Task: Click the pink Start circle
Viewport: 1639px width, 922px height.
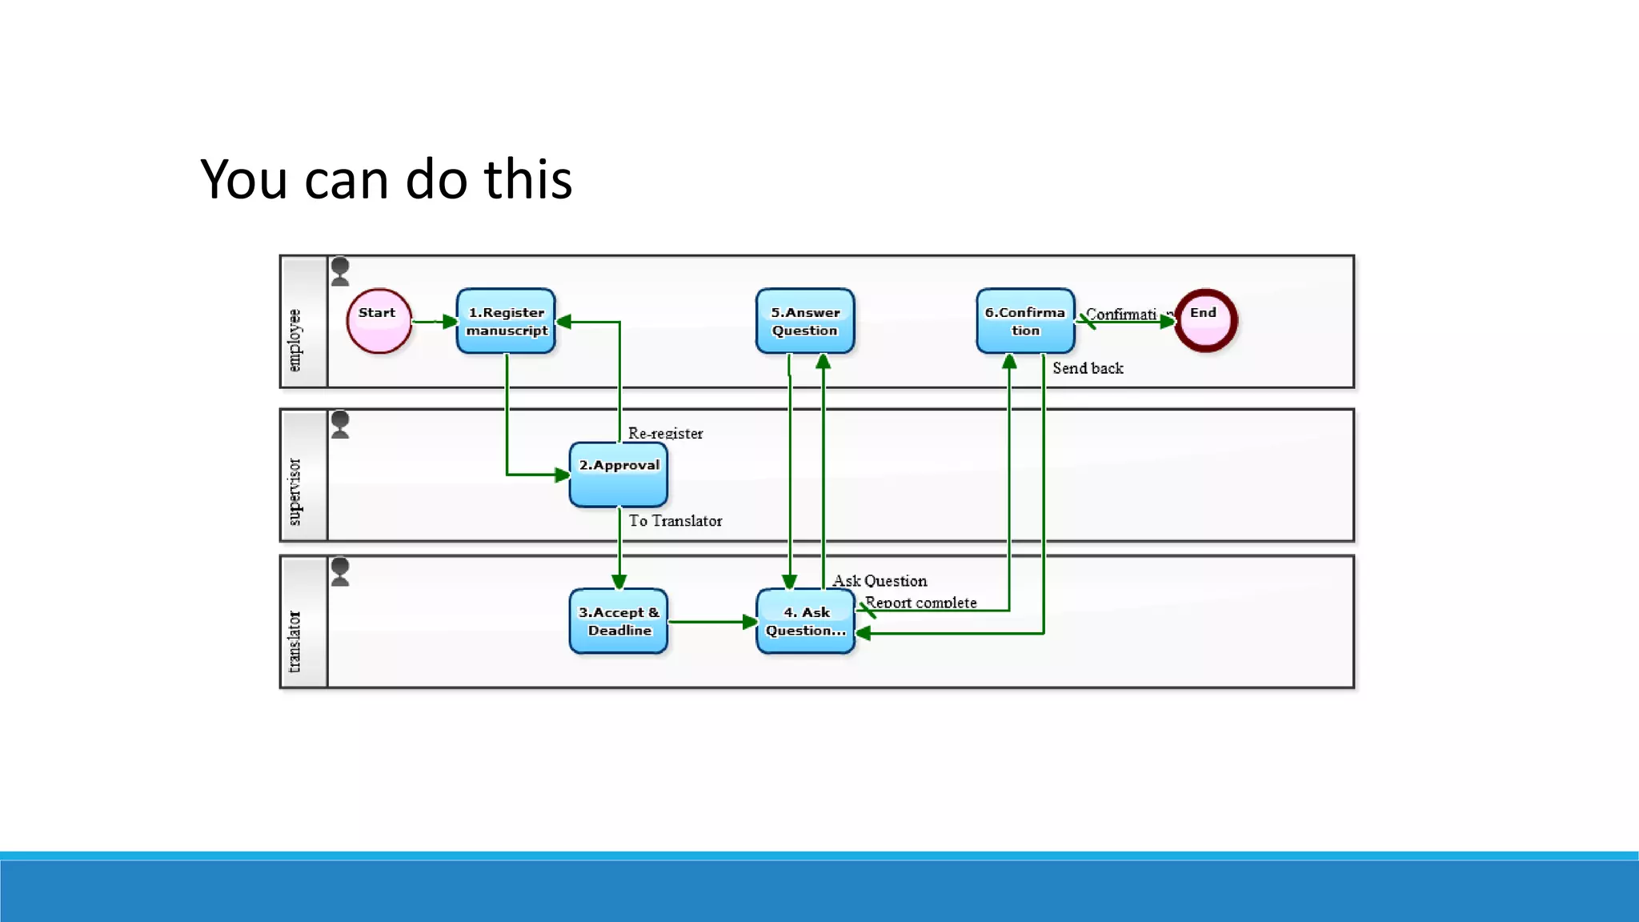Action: (x=379, y=321)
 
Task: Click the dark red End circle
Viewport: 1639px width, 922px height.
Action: (x=1205, y=321)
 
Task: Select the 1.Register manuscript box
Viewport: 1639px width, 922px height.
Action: (x=506, y=321)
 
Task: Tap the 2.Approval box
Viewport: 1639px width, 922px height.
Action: (x=619, y=475)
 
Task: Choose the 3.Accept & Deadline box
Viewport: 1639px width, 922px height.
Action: (x=619, y=621)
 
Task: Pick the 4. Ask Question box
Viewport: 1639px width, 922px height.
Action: (x=805, y=621)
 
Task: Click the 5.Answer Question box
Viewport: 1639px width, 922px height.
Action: (x=805, y=321)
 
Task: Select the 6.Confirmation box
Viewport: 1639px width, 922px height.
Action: (x=1025, y=321)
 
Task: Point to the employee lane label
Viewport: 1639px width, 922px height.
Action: (x=295, y=340)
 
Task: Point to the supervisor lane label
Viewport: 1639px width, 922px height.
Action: (x=295, y=491)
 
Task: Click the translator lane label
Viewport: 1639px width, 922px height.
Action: (x=295, y=641)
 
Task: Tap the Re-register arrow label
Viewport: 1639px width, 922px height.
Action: (x=665, y=433)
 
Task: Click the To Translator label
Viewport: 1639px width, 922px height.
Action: (x=675, y=521)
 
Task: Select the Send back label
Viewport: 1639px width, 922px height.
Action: (x=1088, y=368)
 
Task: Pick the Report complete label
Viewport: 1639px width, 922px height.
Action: (x=920, y=603)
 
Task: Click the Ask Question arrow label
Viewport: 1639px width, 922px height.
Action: (x=880, y=581)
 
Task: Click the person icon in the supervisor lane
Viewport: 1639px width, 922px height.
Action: (x=340, y=425)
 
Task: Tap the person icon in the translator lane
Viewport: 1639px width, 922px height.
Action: (x=340, y=571)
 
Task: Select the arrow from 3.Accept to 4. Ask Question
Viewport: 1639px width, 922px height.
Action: (x=711, y=622)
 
